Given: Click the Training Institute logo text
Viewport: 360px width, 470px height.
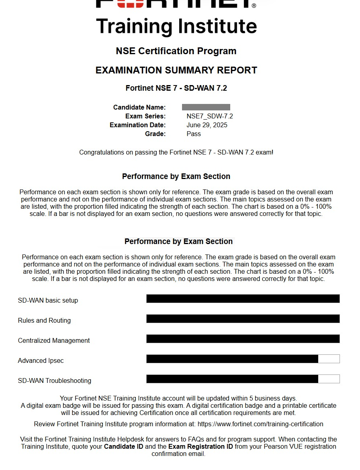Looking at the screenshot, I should click(x=176, y=26).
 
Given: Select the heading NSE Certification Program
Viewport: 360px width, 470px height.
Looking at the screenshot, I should click(x=176, y=51).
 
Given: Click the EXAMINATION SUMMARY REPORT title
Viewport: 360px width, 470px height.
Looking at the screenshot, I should click(x=176, y=70).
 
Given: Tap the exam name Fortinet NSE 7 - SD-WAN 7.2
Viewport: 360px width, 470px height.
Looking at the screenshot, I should click(x=176, y=88).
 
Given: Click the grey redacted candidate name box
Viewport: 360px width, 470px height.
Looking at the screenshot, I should click(x=206, y=107).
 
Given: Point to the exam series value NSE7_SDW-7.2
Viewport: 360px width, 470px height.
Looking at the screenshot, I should click(x=209, y=116).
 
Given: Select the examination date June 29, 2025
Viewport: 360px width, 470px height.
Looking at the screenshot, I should click(x=207, y=125).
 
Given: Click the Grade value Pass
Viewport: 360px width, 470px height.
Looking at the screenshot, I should click(x=194, y=134).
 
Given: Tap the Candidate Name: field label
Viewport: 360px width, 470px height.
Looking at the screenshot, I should click(x=139, y=107).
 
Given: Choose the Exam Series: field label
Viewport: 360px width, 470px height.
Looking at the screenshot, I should click(x=145, y=116).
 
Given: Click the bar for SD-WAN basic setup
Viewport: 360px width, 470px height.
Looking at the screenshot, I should click(x=243, y=299).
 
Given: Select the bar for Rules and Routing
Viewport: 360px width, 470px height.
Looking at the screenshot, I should click(x=243, y=319).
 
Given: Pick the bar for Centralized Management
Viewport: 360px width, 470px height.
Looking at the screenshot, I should click(x=243, y=339).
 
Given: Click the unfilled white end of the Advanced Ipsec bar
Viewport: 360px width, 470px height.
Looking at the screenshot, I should click(x=329, y=359).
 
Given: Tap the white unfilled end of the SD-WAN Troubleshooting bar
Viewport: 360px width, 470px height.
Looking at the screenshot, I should click(x=329, y=379).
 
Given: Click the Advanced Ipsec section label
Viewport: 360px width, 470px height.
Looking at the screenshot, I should click(x=41, y=360).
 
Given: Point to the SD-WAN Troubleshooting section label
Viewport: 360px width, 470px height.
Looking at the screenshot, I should click(x=54, y=380).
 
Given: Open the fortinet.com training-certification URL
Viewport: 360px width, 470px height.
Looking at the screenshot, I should click(x=260, y=424).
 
